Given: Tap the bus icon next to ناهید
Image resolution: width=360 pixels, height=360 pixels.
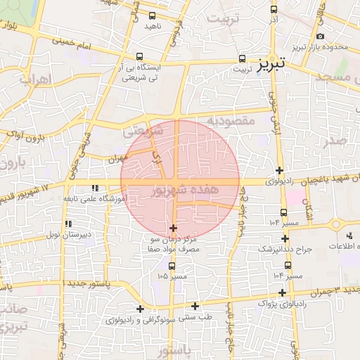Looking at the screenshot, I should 153,15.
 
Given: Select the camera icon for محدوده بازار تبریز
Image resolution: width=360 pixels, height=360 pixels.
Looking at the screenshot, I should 321,37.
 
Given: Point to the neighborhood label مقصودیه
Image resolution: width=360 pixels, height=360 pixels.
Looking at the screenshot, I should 231,121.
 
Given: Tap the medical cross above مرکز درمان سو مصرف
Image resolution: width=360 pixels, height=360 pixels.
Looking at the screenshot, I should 174,228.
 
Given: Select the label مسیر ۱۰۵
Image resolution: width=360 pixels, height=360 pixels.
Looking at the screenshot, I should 173,276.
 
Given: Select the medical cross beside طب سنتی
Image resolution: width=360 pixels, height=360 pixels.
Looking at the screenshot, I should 195,305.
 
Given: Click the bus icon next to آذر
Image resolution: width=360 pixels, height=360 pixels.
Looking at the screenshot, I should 274,10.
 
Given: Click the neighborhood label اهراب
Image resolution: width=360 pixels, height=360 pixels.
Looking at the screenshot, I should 35,79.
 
